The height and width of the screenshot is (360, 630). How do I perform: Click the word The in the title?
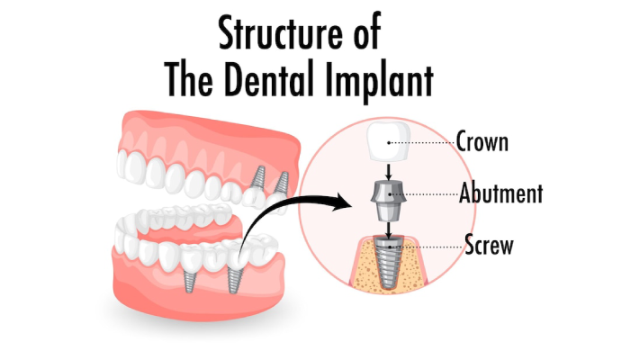[188, 79]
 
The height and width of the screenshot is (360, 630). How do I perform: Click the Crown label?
[482, 141]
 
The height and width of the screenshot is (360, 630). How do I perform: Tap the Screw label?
[489, 244]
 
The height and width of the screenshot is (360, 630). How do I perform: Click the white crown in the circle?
[389, 141]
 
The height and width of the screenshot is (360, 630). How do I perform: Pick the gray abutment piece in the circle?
[388, 200]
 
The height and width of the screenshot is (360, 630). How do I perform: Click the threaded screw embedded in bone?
[388, 261]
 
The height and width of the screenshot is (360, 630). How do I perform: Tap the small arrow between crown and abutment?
[389, 172]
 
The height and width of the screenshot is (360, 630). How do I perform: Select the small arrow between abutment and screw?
[389, 229]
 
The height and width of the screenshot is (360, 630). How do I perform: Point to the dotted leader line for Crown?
[422, 142]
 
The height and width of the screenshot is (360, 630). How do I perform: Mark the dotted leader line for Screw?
[427, 247]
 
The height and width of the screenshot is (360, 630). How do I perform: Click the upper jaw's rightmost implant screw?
[282, 183]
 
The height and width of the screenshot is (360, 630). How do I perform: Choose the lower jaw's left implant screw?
[189, 280]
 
